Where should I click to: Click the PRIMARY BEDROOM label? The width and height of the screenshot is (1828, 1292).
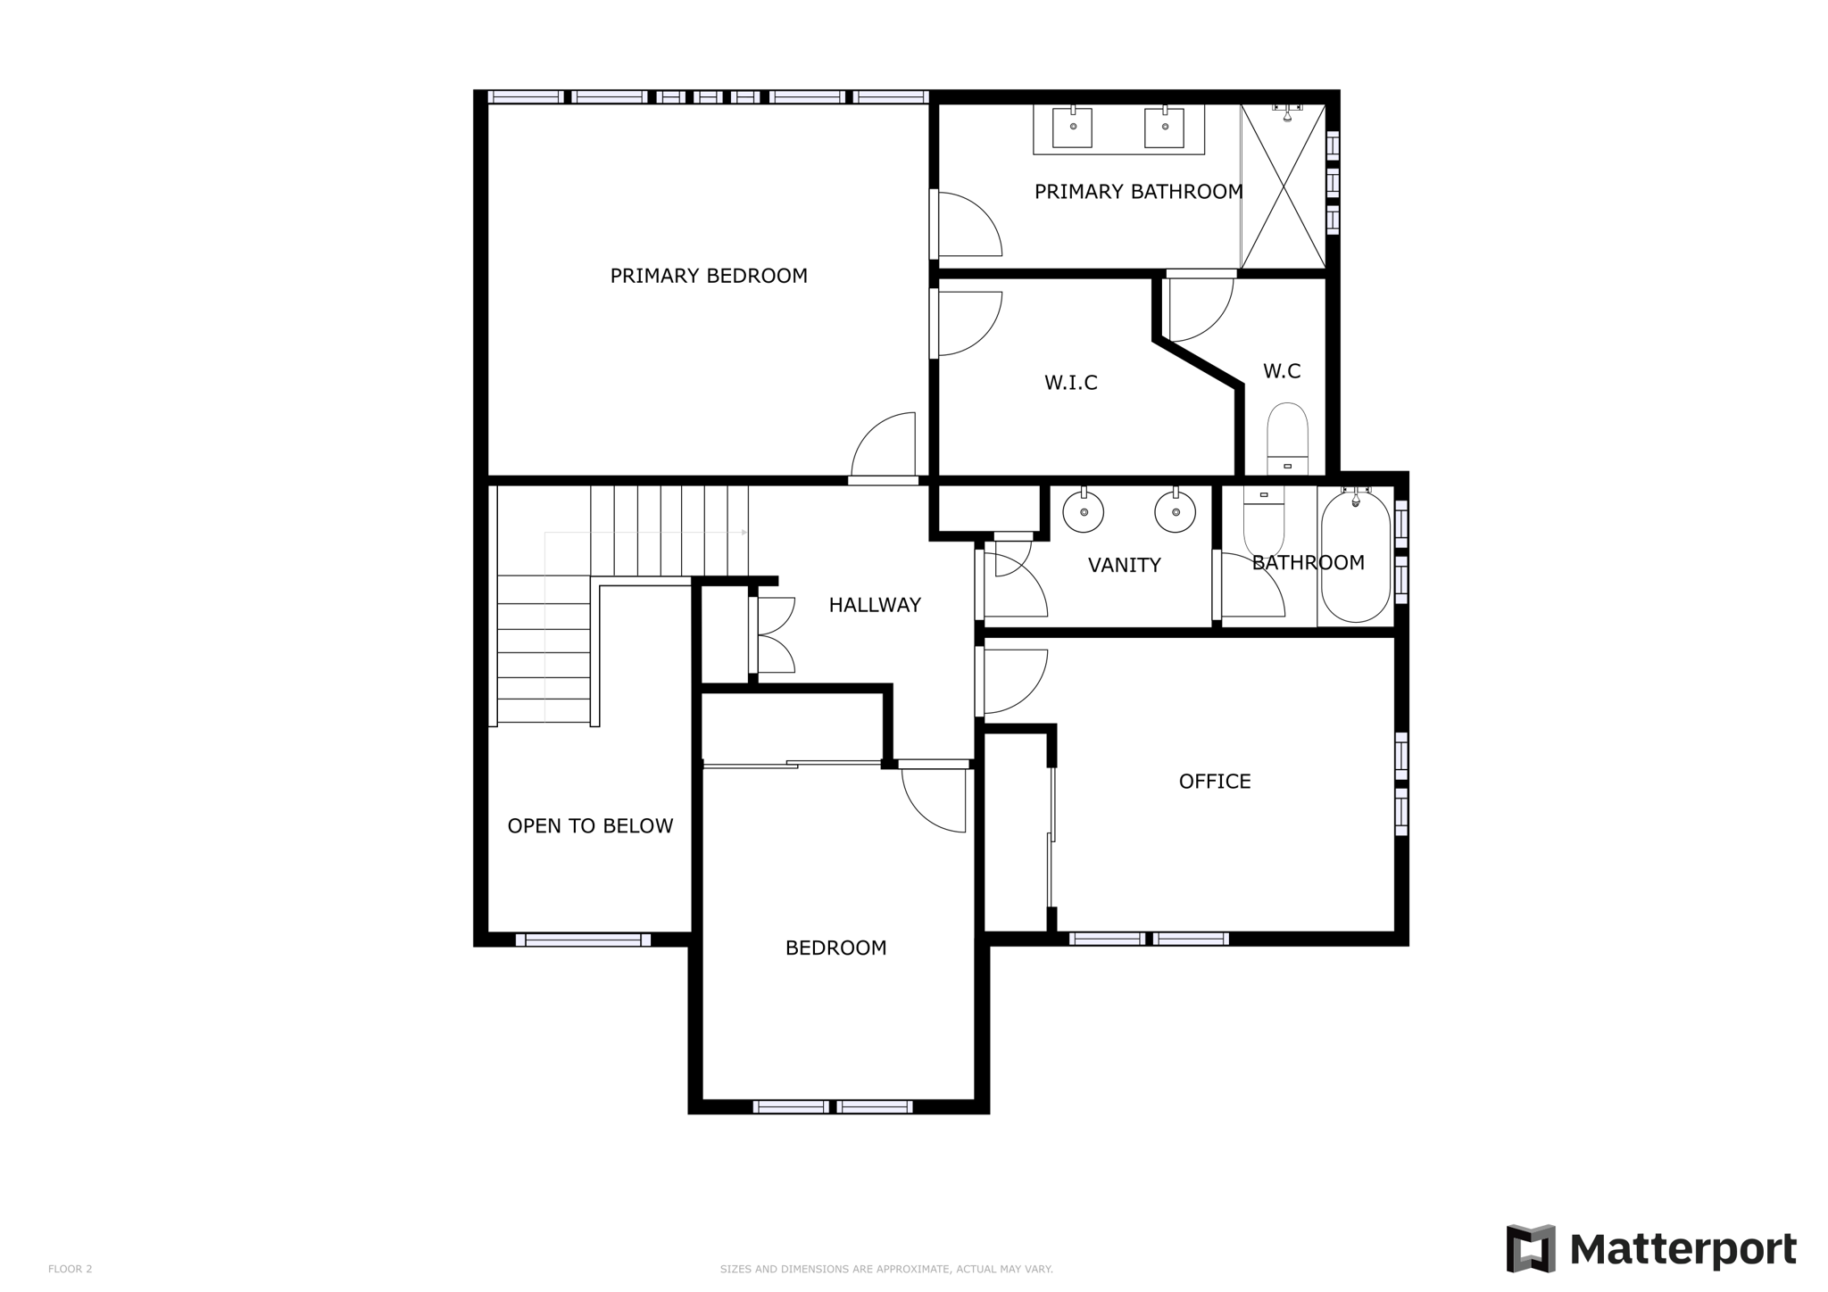click(x=709, y=276)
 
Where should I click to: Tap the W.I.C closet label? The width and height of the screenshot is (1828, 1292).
click(x=1070, y=383)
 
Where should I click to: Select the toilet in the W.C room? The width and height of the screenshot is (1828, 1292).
click(x=1287, y=437)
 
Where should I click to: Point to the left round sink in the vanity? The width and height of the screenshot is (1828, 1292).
click(x=1084, y=512)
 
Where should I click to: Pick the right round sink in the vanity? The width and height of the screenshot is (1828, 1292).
click(x=1175, y=512)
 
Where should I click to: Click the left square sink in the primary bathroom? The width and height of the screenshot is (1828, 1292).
click(x=1072, y=127)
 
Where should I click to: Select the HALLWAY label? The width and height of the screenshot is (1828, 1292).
click(x=874, y=605)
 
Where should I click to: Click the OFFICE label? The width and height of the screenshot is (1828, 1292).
click(x=1214, y=782)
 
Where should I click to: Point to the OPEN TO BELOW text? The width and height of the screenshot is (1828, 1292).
click(x=590, y=826)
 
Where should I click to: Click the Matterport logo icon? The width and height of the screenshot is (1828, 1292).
click(x=1531, y=1248)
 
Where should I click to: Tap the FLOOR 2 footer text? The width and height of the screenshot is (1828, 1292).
click(x=70, y=1269)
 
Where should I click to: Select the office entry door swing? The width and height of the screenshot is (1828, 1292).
click(x=1013, y=680)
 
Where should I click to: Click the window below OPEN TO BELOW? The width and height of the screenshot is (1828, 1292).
click(x=583, y=940)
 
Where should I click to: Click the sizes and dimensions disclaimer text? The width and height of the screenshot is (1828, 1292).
click(x=886, y=1269)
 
